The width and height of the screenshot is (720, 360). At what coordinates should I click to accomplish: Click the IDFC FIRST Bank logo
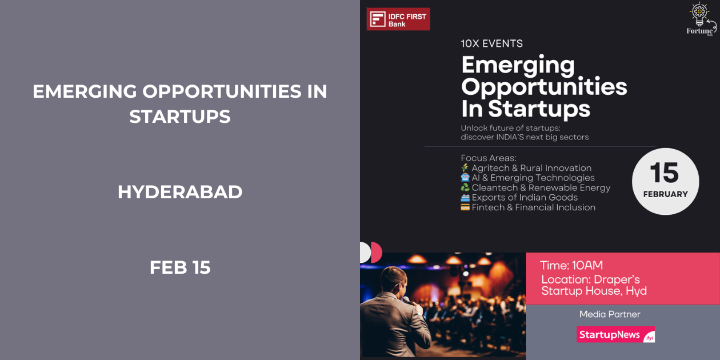(x=398, y=19)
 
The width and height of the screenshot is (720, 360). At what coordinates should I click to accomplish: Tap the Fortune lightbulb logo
(x=701, y=19)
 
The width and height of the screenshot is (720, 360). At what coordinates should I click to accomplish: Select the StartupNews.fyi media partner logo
(x=615, y=335)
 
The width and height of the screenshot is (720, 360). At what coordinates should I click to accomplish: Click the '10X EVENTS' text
(x=491, y=43)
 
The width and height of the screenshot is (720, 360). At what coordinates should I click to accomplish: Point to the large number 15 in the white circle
(x=665, y=173)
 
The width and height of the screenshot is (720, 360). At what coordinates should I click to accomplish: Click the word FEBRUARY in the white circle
(x=665, y=194)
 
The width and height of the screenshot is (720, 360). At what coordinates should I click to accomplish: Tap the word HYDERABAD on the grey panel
(x=180, y=192)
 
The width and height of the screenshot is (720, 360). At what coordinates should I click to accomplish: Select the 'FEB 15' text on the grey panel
(x=180, y=267)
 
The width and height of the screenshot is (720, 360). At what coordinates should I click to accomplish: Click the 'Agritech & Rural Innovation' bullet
(x=531, y=168)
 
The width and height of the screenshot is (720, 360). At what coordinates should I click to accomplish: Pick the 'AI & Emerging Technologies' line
(x=533, y=178)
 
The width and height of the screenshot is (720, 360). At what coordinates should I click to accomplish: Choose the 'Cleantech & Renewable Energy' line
(x=541, y=187)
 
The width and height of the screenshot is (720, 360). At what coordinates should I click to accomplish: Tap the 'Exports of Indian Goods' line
(x=525, y=198)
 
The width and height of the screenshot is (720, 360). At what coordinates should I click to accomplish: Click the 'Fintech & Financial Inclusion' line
(x=533, y=207)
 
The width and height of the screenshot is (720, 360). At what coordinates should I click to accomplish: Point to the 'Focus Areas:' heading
(x=489, y=158)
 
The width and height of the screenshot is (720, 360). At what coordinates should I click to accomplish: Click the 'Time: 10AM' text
(x=571, y=265)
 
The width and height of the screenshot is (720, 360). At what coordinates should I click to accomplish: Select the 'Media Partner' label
(x=610, y=314)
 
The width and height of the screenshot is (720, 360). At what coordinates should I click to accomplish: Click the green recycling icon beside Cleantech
(x=465, y=187)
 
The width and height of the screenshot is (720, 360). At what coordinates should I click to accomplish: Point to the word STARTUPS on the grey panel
(x=180, y=117)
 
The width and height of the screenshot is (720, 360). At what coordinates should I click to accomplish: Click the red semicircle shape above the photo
(x=377, y=253)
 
